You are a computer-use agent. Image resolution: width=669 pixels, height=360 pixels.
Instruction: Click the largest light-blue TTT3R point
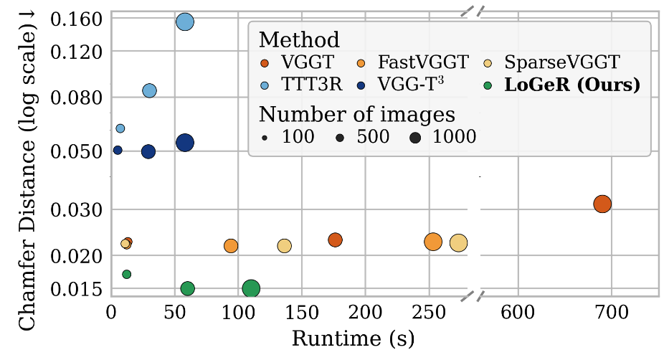click(x=185, y=22)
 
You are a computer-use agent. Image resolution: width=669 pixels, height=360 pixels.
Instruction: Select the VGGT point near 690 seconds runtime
click(x=602, y=204)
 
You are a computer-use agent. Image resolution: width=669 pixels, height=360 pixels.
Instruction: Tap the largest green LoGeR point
click(x=251, y=289)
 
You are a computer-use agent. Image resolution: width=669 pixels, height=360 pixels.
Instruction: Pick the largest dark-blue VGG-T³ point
click(x=185, y=143)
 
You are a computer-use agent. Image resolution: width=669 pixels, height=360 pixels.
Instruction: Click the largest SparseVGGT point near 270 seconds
click(x=458, y=243)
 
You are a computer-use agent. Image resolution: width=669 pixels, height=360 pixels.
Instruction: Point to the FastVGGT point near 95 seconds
click(x=231, y=246)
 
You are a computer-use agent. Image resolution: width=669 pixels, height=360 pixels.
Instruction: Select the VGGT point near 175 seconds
click(x=335, y=240)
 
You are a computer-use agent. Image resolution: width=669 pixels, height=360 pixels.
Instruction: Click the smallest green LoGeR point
click(x=127, y=274)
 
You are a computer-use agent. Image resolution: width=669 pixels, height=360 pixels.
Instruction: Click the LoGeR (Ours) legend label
click(x=571, y=85)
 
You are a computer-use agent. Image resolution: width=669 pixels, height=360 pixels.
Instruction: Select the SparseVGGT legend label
click(x=561, y=62)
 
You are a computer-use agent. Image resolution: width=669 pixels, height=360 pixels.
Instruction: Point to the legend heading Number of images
click(x=357, y=113)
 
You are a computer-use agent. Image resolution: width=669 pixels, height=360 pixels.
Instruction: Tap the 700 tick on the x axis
click(x=611, y=313)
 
